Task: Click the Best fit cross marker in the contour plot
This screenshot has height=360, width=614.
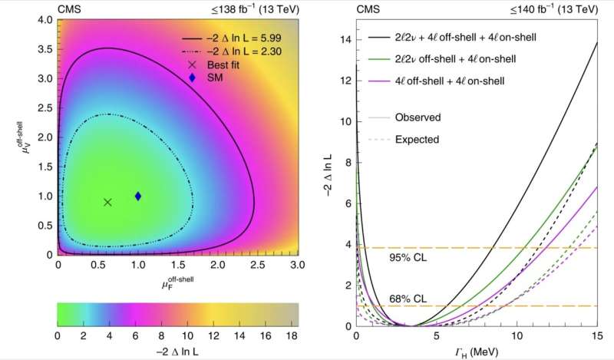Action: (x=107, y=202)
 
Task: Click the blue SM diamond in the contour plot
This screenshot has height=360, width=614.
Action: (x=138, y=196)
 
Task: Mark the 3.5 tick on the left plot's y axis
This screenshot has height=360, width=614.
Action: (x=48, y=49)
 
